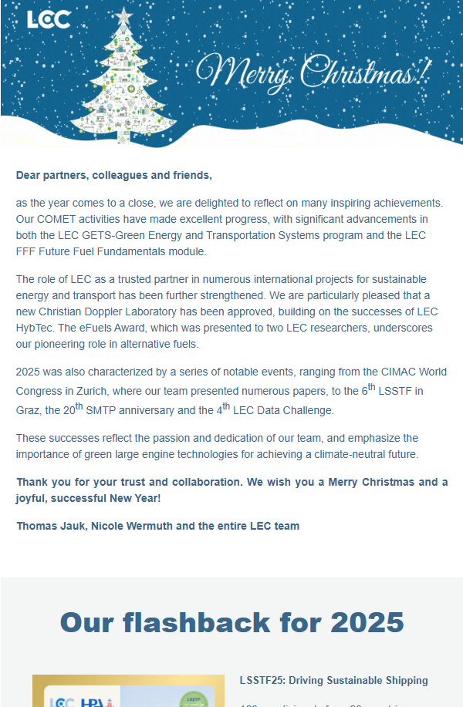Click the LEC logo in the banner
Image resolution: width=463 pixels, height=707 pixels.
coord(49,19)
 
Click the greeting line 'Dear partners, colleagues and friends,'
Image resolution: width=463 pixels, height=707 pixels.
coord(113,175)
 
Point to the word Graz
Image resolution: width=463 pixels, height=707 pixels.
coord(29,411)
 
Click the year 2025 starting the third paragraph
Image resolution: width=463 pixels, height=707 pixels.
coord(29,372)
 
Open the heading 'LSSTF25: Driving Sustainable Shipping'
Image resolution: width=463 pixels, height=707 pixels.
coord(333,680)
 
